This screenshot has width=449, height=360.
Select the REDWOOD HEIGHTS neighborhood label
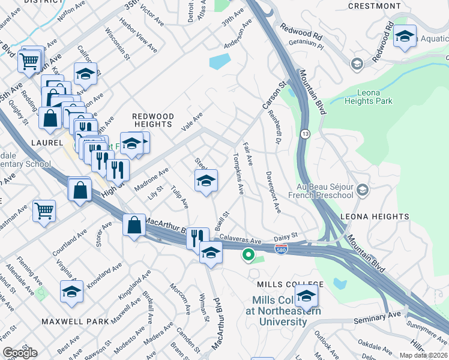click(153, 120)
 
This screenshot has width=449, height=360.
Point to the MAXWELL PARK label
click(76, 322)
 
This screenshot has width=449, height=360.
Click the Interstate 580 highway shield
click(281, 248)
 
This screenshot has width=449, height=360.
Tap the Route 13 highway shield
click(306, 134)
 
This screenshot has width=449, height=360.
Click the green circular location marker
click(247, 256)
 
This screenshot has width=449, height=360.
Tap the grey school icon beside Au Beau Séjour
click(362, 190)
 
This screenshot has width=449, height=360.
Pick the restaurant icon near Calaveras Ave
click(197, 238)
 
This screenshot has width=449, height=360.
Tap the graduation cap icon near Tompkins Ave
click(206, 181)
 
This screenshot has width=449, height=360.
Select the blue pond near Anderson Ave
click(220, 62)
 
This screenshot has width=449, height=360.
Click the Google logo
click(20, 353)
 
